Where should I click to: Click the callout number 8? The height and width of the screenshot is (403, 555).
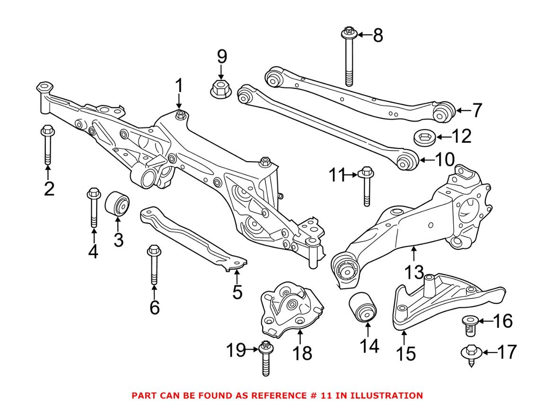point(378,35)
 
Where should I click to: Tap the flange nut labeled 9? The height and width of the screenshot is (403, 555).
point(220,88)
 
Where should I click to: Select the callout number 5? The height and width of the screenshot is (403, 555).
point(237,292)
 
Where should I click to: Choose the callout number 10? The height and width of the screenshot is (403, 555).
point(444,160)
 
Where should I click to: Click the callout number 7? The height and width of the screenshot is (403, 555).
point(476,111)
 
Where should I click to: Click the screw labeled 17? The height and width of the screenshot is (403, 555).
point(470,354)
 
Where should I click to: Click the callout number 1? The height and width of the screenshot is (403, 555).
point(178,86)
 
